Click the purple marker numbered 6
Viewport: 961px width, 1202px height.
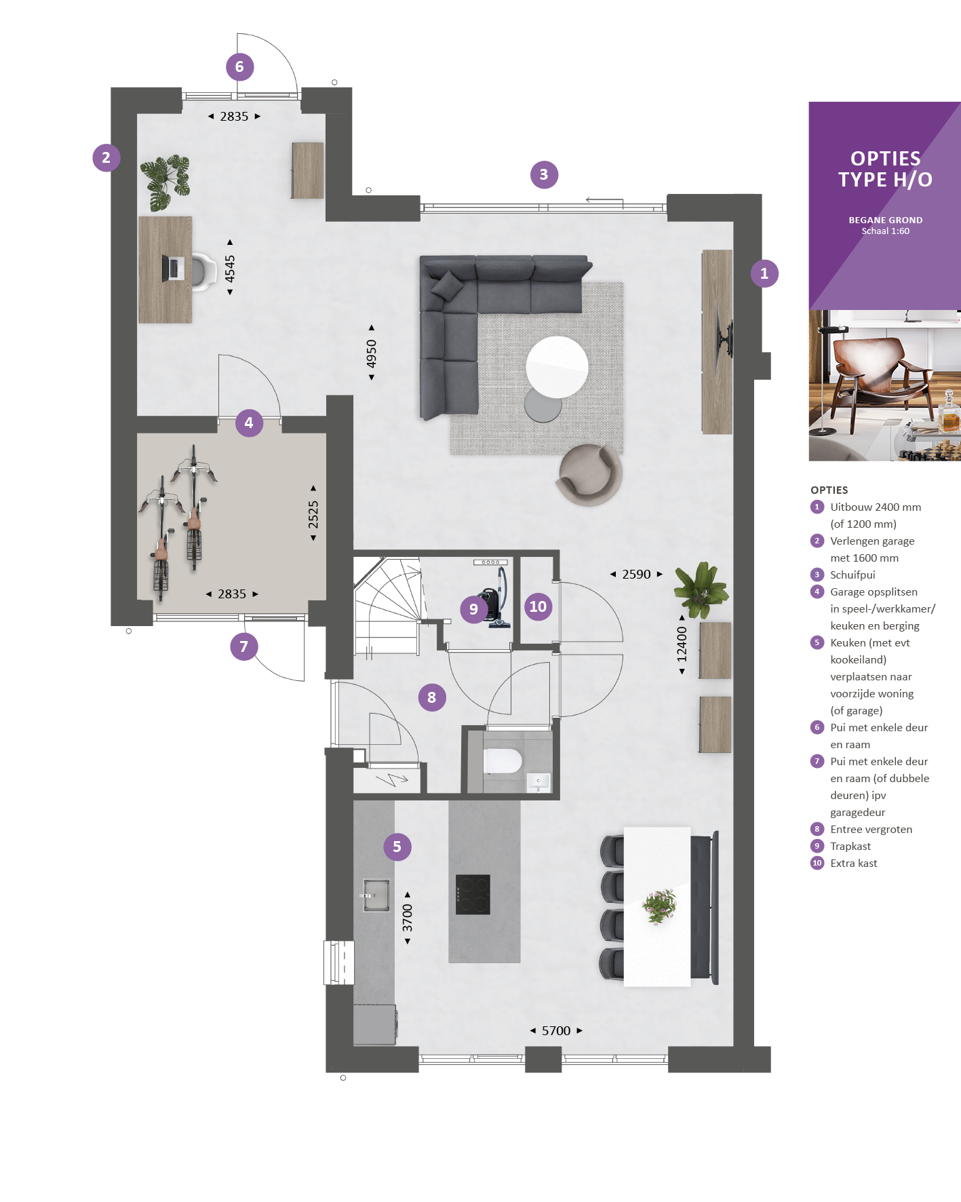click(239, 66)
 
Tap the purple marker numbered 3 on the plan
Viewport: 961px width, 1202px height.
click(544, 174)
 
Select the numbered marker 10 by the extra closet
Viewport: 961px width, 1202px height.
click(538, 606)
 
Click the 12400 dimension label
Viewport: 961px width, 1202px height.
click(682, 644)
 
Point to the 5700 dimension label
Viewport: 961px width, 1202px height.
click(556, 1030)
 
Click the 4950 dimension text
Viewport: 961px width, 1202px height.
click(372, 353)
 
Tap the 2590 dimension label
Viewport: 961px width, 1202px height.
click(636, 574)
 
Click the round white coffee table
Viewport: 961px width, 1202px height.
click(557, 367)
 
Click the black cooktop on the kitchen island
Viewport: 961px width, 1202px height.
click(473, 895)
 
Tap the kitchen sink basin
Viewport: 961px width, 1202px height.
click(376, 895)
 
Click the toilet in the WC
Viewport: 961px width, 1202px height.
click(503, 761)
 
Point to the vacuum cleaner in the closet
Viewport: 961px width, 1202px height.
click(495, 599)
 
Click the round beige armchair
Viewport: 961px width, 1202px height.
click(589, 475)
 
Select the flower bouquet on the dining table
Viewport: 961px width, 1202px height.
click(659, 906)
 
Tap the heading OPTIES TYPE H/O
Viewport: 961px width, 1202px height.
click(885, 169)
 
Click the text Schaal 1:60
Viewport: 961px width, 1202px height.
click(885, 231)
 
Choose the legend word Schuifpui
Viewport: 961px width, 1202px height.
click(852, 575)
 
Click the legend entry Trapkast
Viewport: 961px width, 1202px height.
click(850, 846)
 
